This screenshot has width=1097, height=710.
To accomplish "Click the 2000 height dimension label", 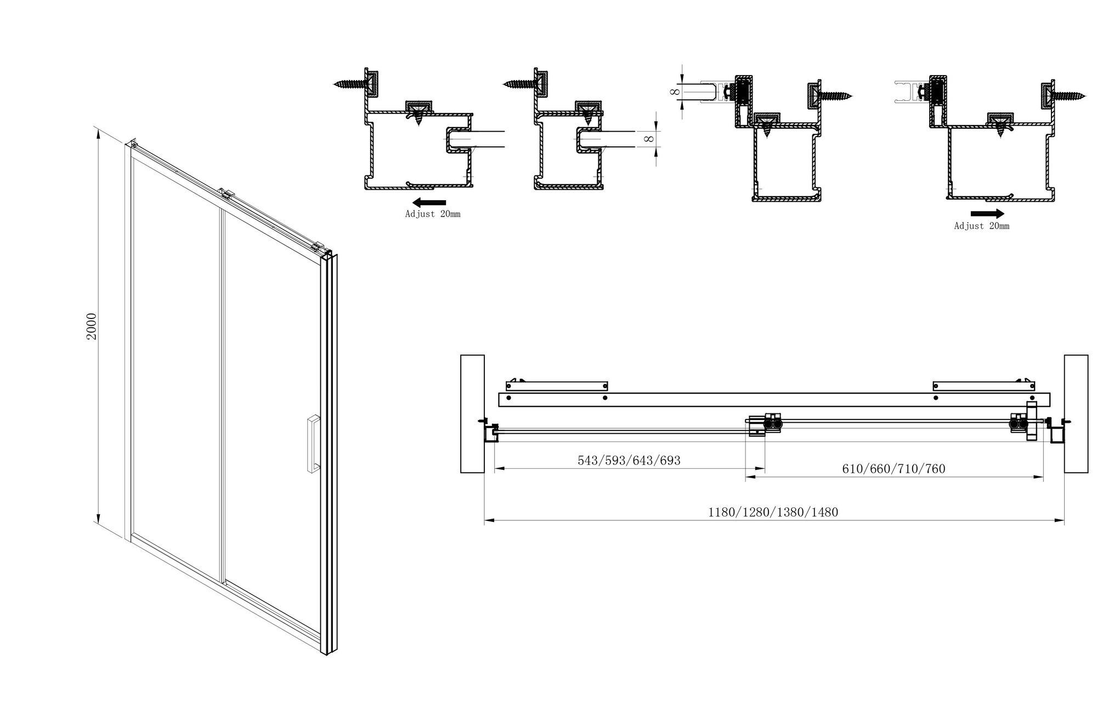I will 92,326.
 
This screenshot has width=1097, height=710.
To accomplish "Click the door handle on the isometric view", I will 313,444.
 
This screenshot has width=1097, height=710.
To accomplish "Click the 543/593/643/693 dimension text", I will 629,461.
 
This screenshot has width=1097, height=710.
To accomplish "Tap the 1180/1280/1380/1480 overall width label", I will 773,512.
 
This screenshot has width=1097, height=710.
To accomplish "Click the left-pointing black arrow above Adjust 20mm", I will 429,201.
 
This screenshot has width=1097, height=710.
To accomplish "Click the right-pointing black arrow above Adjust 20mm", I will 987,213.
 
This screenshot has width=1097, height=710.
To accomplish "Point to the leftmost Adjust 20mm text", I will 432,214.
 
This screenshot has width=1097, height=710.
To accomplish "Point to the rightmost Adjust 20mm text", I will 981,226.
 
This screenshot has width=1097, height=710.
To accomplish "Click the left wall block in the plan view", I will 472,413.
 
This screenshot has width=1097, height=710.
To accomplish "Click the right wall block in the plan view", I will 1076,413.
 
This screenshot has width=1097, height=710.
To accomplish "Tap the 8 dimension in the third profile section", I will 675,92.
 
